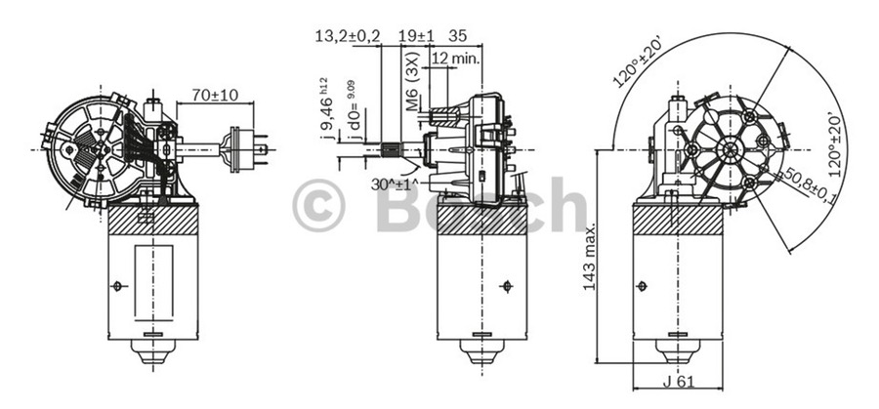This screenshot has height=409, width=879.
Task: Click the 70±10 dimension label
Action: coord(216,96)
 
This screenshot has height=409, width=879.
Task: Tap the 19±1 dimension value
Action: coord(417,36)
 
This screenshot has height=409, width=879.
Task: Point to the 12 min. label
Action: coord(455,59)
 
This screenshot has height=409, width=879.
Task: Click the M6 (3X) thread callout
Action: coord(412,89)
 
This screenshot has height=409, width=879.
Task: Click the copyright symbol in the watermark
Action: coord(319,206)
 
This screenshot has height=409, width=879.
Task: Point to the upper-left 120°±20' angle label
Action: coord(639,61)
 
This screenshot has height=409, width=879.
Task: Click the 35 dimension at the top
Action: coord(457,36)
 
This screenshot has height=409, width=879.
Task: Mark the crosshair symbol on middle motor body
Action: coord(505,285)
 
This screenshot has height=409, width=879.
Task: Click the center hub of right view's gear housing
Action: coord(729,149)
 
